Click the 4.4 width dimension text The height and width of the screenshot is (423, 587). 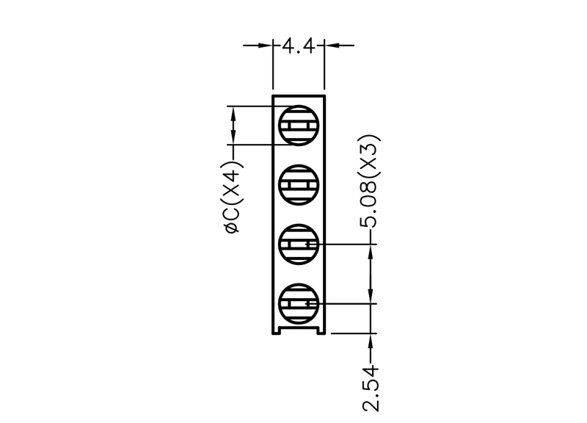click(298, 46)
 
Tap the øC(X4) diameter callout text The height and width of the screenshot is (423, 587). click(233, 197)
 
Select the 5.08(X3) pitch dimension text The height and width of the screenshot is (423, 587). click(370, 181)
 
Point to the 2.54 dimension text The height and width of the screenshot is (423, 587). click(371, 389)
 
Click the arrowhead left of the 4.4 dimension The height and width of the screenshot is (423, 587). click(265, 46)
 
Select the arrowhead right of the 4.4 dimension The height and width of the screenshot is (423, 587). click(332, 46)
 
